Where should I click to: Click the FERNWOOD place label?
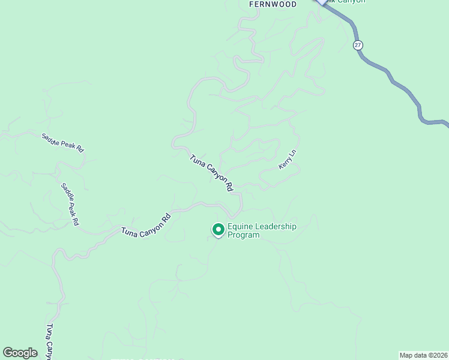(x=273, y=4)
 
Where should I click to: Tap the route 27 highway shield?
(x=358, y=45)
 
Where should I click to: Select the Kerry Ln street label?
(x=288, y=160)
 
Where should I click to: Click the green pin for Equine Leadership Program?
(x=218, y=230)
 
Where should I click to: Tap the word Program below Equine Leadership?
(x=244, y=235)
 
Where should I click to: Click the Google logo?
(x=20, y=353)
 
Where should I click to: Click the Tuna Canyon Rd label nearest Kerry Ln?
(x=211, y=173)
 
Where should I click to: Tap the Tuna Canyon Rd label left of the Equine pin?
(x=146, y=223)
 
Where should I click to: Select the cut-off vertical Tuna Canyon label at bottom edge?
(x=51, y=342)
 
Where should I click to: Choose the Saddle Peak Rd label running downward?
(x=70, y=204)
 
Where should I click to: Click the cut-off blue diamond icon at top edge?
(x=322, y=2)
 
